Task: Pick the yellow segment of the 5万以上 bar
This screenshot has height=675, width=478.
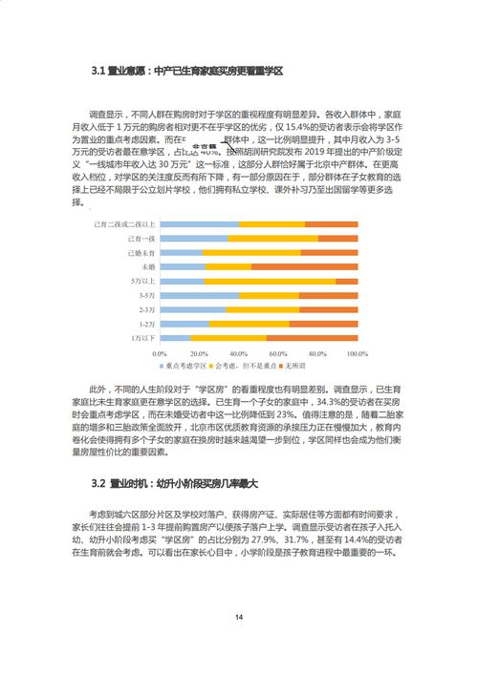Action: tap(270, 281)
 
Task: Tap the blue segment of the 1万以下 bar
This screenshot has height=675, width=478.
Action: tap(175, 338)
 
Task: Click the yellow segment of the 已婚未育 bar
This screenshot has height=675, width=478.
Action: tap(251, 252)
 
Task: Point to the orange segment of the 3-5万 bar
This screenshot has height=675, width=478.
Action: tap(328, 295)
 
